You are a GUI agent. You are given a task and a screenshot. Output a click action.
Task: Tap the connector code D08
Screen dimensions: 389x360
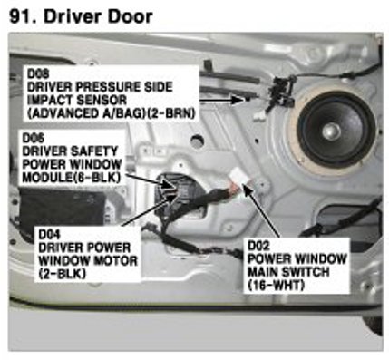pos(38,73)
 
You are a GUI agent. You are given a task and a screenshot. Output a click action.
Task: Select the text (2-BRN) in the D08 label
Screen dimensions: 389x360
pos(172,113)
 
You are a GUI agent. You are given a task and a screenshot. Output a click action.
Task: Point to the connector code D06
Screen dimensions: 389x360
pos(34,138)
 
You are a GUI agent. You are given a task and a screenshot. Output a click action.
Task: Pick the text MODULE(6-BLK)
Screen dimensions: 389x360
pos(72,177)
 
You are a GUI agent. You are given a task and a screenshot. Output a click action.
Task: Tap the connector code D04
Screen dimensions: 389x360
pos(49,234)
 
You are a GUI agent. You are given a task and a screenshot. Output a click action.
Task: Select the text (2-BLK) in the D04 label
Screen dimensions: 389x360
pos(63,274)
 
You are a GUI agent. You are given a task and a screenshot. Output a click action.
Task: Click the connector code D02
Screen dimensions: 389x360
pos(258,246)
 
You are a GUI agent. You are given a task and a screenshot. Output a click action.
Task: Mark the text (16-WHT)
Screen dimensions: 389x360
pos(276,285)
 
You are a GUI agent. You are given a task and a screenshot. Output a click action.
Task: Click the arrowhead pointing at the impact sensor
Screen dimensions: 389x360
pos(238,99)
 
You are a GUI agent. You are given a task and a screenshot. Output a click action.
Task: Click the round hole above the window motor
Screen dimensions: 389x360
pos(197,140)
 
